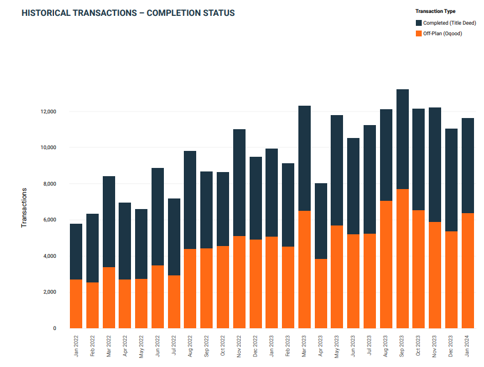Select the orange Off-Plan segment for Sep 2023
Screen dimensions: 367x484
click(x=402, y=258)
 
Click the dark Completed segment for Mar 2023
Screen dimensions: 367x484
click(x=304, y=158)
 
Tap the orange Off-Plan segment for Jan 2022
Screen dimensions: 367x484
click(x=76, y=304)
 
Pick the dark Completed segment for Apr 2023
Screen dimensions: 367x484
click(x=321, y=221)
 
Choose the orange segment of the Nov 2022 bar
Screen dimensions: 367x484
click(x=239, y=282)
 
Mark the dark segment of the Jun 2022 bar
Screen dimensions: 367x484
click(x=157, y=217)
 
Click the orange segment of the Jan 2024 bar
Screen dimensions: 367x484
click(x=468, y=271)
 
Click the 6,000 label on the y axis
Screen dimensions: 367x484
click(x=49, y=220)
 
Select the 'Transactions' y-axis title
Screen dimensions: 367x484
click(x=24, y=207)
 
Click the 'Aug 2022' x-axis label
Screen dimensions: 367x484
click(x=190, y=346)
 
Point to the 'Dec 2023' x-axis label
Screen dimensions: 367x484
click(x=451, y=346)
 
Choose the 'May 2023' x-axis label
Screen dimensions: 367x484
click(x=337, y=346)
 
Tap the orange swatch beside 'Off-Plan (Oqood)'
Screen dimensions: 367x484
click(x=419, y=33)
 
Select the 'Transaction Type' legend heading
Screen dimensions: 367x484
click(x=435, y=11)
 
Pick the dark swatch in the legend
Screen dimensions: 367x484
click(x=419, y=22)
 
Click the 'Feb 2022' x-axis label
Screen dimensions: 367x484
click(x=92, y=346)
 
